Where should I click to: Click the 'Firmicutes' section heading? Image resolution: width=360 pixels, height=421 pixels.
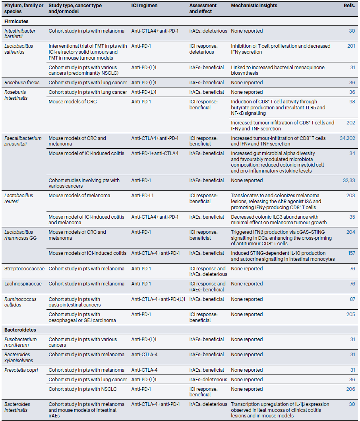tap(16, 21)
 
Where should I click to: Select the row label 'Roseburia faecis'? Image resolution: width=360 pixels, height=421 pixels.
tap(22, 83)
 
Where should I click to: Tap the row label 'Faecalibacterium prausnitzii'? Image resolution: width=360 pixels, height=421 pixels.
tap(23, 141)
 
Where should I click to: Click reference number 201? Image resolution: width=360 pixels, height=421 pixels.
tap(351, 46)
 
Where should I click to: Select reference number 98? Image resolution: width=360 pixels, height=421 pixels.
tap(352, 102)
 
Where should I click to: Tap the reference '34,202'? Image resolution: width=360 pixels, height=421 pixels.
tap(347, 138)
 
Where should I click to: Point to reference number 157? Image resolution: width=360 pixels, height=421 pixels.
tap(351, 253)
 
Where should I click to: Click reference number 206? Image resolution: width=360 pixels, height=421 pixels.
tap(350, 389)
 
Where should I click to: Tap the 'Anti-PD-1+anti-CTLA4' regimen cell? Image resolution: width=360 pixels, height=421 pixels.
tap(155, 153)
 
